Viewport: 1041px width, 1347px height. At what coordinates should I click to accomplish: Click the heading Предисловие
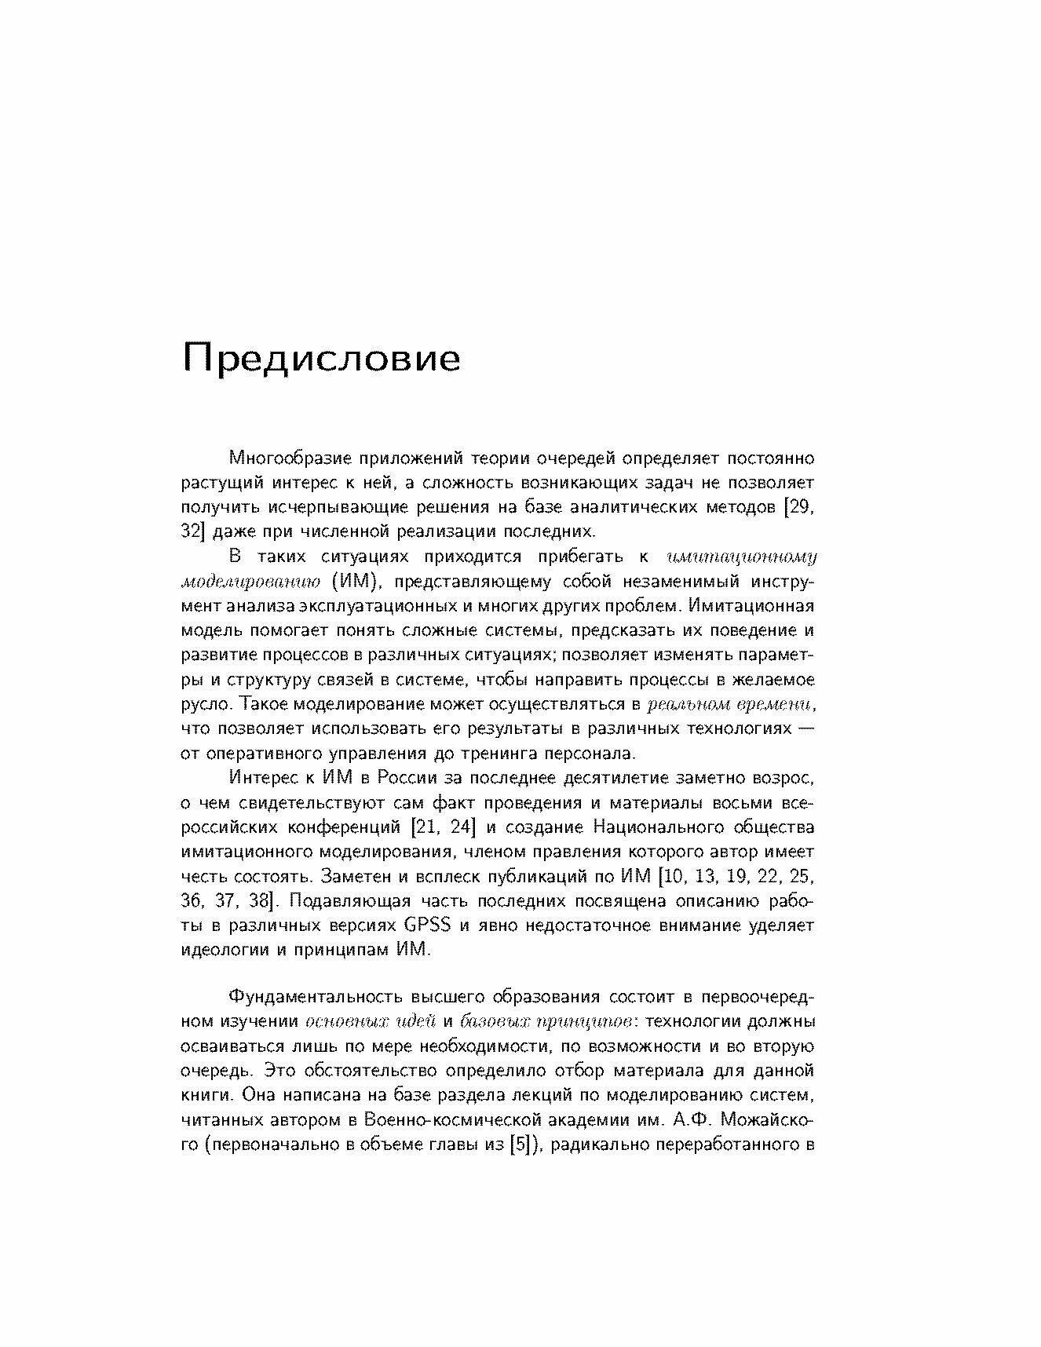321,359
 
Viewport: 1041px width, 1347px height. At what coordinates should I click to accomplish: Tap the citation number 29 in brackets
799,507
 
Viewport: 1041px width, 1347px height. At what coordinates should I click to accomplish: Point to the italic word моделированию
250,582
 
